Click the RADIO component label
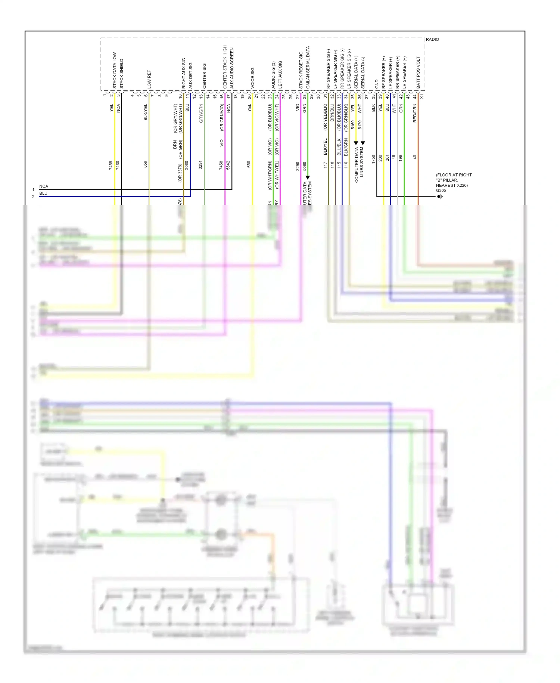[x=432, y=39]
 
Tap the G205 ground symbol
[x=440, y=197]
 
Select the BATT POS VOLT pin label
[x=418, y=73]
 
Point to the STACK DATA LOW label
[x=115, y=70]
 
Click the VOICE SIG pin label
[x=252, y=78]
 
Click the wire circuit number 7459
[x=111, y=165]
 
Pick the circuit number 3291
[x=200, y=165]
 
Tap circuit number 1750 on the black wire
[x=373, y=159]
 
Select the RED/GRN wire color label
[x=415, y=113]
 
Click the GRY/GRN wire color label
[x=201, y=114]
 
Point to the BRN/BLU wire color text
[x=332, y=112]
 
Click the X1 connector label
[x=422, y=96]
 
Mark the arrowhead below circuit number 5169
[x=356, y=143]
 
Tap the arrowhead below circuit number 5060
[x=308, y=177]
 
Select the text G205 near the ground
[x=441, y=191]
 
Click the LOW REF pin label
[x=149, y=79]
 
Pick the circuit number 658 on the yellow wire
[x=249, y=164]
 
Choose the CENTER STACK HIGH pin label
[x=225, y=67]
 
